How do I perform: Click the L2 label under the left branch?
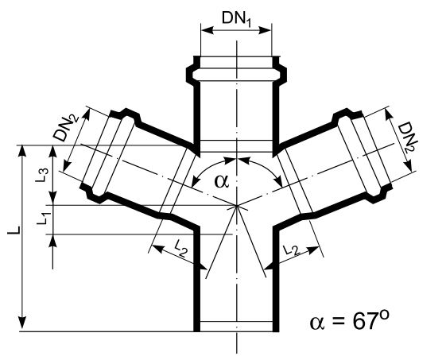(179, 249)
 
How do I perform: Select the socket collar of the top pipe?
(236, 66)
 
